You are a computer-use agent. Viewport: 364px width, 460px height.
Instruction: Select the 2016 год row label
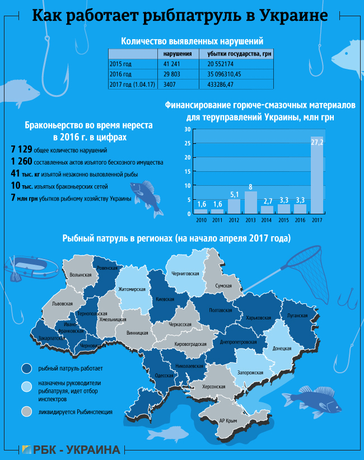120,74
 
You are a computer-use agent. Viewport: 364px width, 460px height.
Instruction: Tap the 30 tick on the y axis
188,129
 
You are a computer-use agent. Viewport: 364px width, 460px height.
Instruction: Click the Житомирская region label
132,289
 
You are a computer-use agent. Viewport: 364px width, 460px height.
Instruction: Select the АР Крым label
228,420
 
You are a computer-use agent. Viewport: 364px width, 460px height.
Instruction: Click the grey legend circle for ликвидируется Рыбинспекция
26,411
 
